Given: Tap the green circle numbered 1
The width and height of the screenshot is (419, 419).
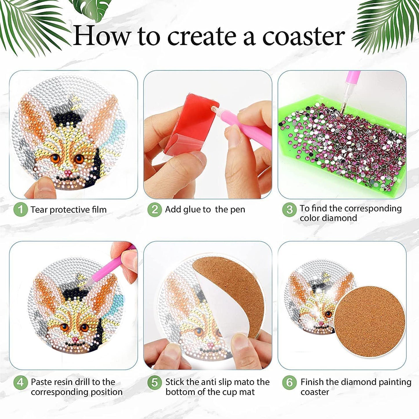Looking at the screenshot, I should tap(20, 209).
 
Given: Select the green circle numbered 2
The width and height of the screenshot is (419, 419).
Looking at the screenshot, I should tap(155, 209).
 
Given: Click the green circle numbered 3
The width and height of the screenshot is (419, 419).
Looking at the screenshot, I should tap(289, 209).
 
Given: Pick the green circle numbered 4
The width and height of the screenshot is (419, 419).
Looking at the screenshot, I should tap(20, 382).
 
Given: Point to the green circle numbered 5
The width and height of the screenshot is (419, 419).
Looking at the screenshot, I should tap(155, 382).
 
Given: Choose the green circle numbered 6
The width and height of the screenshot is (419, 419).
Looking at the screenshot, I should tap(289, 382).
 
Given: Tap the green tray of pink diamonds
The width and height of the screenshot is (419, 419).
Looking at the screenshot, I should tap(342, 145).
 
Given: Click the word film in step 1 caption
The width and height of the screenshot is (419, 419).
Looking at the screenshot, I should tap(99, 209).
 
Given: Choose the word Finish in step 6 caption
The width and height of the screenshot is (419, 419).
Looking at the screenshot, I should tap(312, 382).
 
